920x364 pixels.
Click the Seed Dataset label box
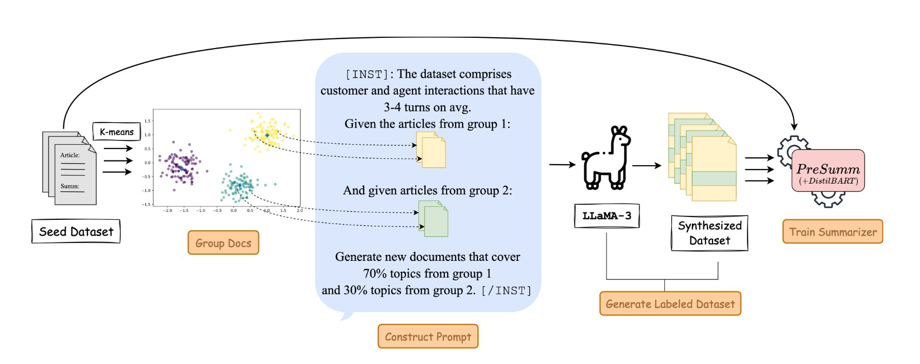pos(76,232)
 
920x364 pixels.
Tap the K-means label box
pos(116,132)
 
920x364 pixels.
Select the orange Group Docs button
pos(223,243)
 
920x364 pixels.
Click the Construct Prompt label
pos(428,336)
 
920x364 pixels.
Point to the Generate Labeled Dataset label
pos(670,304)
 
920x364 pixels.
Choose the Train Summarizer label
pos(832,232)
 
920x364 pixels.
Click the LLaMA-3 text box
pos(606,216)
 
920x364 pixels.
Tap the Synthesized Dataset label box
pos(709,233)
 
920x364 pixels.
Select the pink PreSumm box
pos(828,171)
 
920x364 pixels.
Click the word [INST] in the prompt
pos(366,75)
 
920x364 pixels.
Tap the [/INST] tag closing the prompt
pos(506,291)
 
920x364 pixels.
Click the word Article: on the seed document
pos(70,155)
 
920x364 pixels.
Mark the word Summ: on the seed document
pos(70,186)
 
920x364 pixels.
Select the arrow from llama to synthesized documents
pos(646,166)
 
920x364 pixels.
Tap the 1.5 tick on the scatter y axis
pos(147,121)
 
